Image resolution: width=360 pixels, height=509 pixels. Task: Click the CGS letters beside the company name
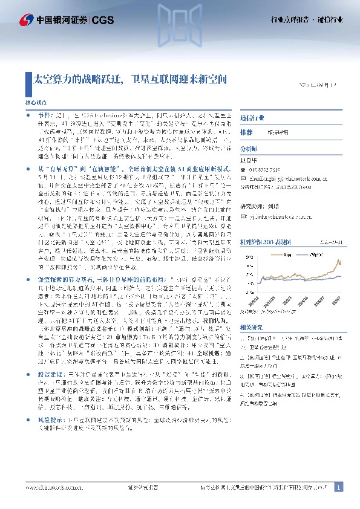[x=100, y=20]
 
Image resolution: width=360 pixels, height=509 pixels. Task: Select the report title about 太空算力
[x=131, y=79]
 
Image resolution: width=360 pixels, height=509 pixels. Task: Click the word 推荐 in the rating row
[x=246, y=132]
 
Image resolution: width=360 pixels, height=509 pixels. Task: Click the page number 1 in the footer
[x=339, y=487]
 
